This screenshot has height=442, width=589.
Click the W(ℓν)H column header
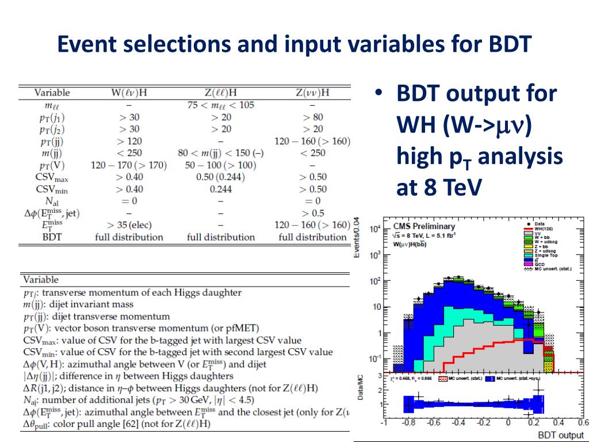point(129,93)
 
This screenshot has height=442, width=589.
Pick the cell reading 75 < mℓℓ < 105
point(221,105)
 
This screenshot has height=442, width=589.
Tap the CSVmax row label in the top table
point(52,177)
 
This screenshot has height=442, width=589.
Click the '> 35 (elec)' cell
point(129,225)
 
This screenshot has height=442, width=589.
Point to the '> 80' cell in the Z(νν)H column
point(312,117)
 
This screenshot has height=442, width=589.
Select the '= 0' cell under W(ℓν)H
point(129,201)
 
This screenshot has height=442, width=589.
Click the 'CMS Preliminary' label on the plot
point(423,226)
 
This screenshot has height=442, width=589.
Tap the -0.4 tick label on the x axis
point(458,424)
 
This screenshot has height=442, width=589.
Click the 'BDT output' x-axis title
point(560,435)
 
